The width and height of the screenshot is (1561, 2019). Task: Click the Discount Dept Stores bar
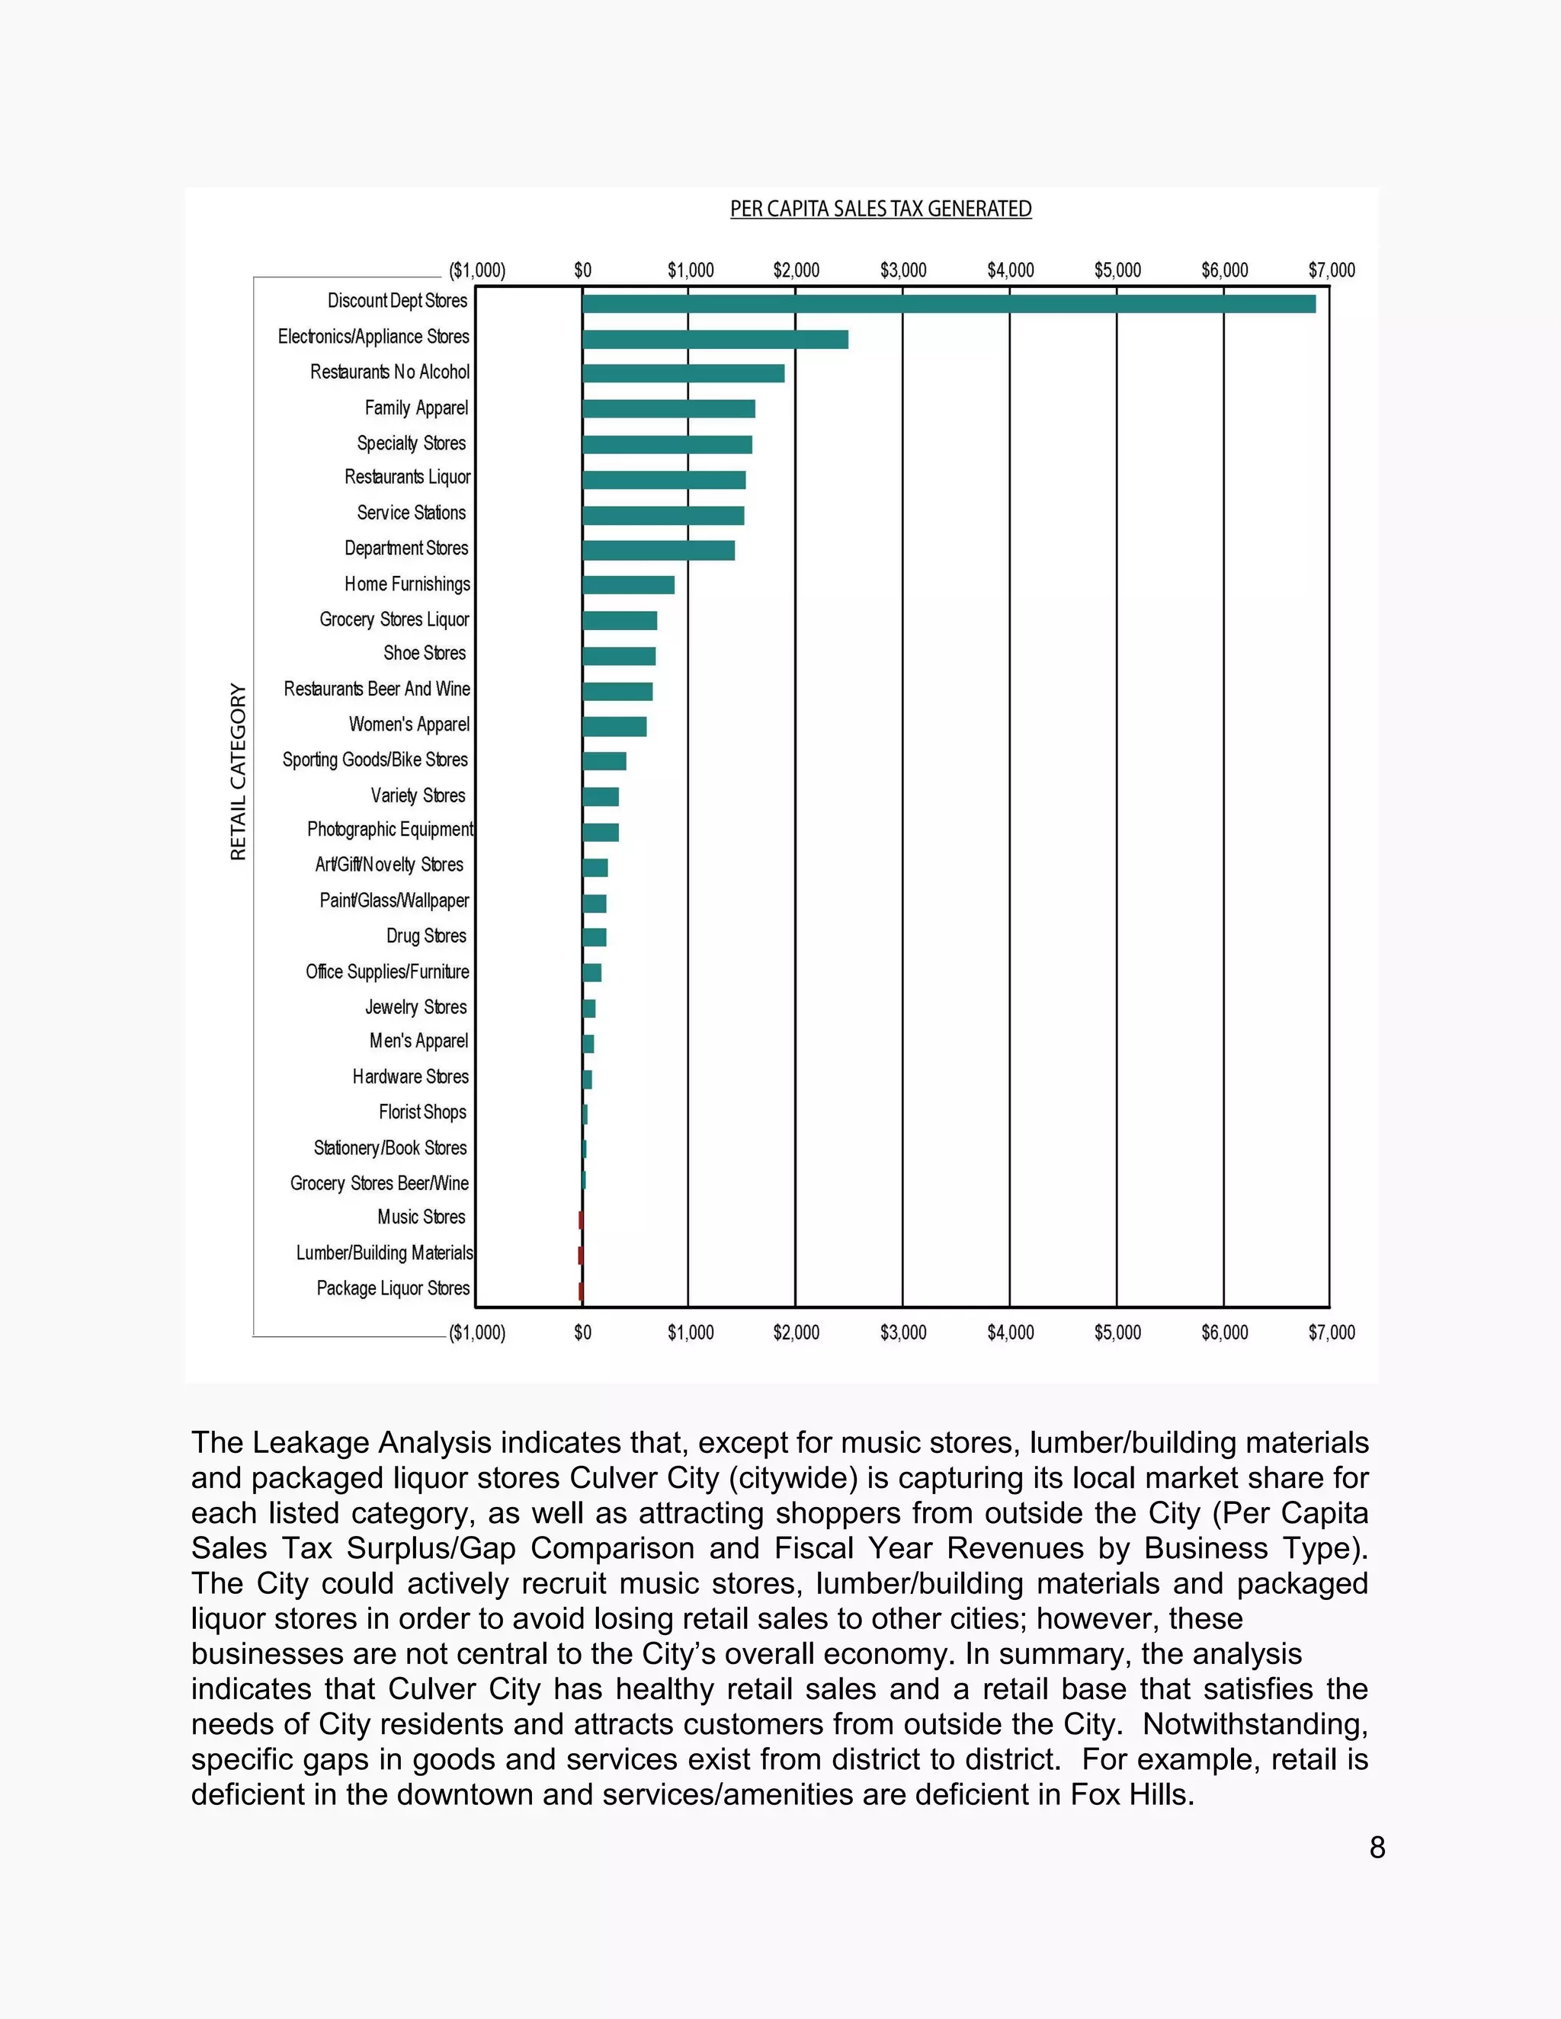(948, 303)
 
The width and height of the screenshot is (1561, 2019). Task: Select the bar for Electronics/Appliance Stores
(715, 339)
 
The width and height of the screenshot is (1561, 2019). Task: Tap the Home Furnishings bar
(628, 585)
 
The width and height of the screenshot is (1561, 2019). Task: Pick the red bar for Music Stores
(581, 1221)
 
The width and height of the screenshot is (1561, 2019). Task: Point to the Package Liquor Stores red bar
(581, 1291)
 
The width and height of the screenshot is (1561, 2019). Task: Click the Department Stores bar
(659, 550)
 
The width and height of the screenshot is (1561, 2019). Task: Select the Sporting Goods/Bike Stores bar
(604, 762)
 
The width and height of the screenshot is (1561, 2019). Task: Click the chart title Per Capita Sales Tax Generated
(880, 209)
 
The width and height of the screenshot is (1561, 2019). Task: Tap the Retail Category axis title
(239, 772)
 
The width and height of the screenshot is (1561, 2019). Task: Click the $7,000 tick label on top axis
(1331, 270)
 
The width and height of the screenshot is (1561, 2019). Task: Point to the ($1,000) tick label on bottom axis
(477, 1332)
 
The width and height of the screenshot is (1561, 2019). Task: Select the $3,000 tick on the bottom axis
(902, 1332)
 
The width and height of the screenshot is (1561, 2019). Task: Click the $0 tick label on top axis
(582, 270)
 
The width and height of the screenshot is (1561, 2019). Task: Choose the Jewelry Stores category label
(415, 1006)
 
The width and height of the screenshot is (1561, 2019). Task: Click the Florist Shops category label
(422, 1112)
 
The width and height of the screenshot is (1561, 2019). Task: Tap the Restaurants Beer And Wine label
(377, 689)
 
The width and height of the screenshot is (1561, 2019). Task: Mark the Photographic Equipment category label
(389, 829)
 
